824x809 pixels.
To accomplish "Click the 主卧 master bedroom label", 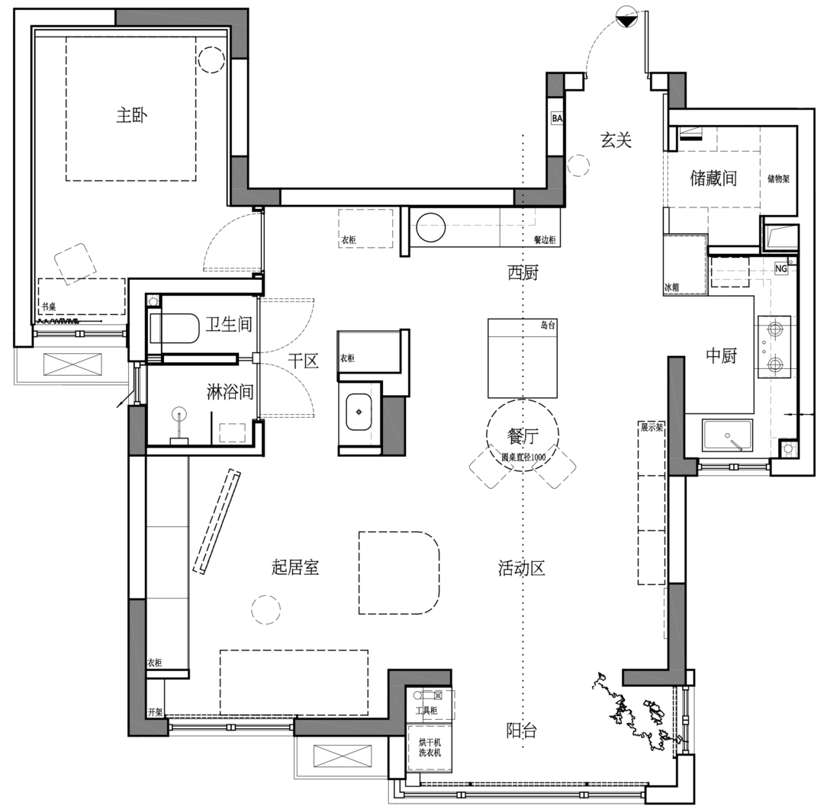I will coord(131,116).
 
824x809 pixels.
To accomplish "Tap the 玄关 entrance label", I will coord(616,140).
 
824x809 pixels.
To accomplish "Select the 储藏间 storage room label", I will coord(713,179).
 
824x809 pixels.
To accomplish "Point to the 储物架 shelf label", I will coord(778,180).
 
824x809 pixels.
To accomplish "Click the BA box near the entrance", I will coord(557,119).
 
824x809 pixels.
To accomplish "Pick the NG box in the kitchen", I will coord(781,268).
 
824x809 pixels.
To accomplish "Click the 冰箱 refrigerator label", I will coord(671,288).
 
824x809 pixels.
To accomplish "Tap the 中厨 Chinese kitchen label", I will coord(720,355).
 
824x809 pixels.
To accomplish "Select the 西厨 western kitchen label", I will coord(523,272).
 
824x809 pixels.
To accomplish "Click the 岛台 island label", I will coord(547,325).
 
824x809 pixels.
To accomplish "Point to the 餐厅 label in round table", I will coord(523,436).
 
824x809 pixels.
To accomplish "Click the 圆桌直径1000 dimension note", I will coord(523,457).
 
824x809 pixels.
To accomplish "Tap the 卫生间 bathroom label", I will coord(229,325).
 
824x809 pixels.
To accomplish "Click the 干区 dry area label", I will coord(303,361).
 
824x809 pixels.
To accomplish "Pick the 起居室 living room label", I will coord(295,567).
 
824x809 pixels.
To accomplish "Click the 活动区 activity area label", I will coord(522,568).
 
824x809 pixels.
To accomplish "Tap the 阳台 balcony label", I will coord(522,730).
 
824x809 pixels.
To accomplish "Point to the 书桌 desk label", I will coord(48,307).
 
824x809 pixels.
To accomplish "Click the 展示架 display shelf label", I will coord(652,428).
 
